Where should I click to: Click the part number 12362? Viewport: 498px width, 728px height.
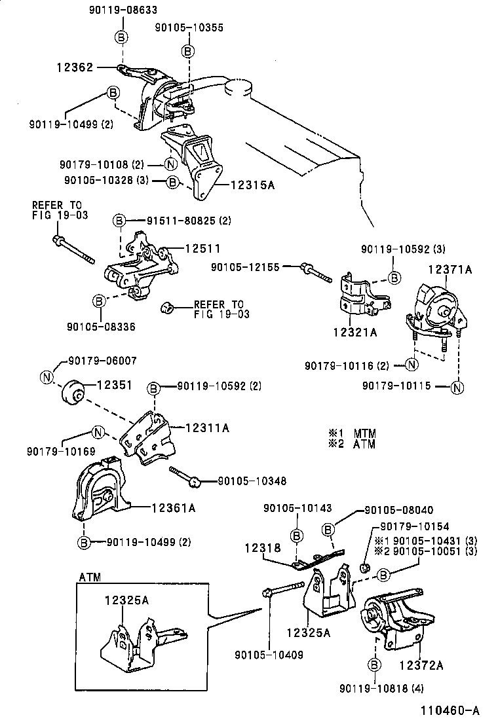tap(75, 67)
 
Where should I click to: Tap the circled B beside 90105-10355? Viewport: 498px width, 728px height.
tap(187, 51)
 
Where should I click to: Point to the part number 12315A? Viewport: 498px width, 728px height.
tap(252, 185)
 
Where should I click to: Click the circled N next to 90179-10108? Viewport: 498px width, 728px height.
tap(170, 164)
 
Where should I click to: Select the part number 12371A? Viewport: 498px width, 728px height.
tap(450, 269)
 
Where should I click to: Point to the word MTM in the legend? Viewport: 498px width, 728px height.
tap(364, 433)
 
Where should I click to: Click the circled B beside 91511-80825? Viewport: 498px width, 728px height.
tap(119, 221)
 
